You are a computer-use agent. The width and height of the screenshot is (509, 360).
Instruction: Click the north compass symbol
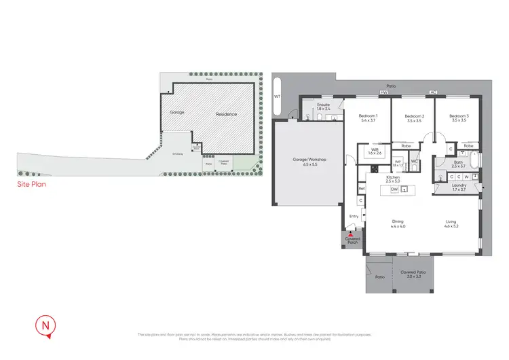(45, 326)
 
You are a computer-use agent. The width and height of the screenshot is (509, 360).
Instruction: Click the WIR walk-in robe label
(374, 151)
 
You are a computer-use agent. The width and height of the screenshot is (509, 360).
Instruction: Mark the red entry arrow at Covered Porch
(351, 235)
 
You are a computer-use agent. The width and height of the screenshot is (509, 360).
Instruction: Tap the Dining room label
(398, 221)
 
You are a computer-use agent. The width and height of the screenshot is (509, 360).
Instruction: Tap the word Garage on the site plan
(177, 113)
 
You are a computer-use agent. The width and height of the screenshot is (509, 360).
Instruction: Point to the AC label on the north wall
(431, 93)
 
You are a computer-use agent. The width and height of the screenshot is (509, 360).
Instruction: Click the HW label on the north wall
(383, 93)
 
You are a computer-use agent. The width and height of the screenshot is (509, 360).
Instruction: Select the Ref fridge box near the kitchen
(362, 188)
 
